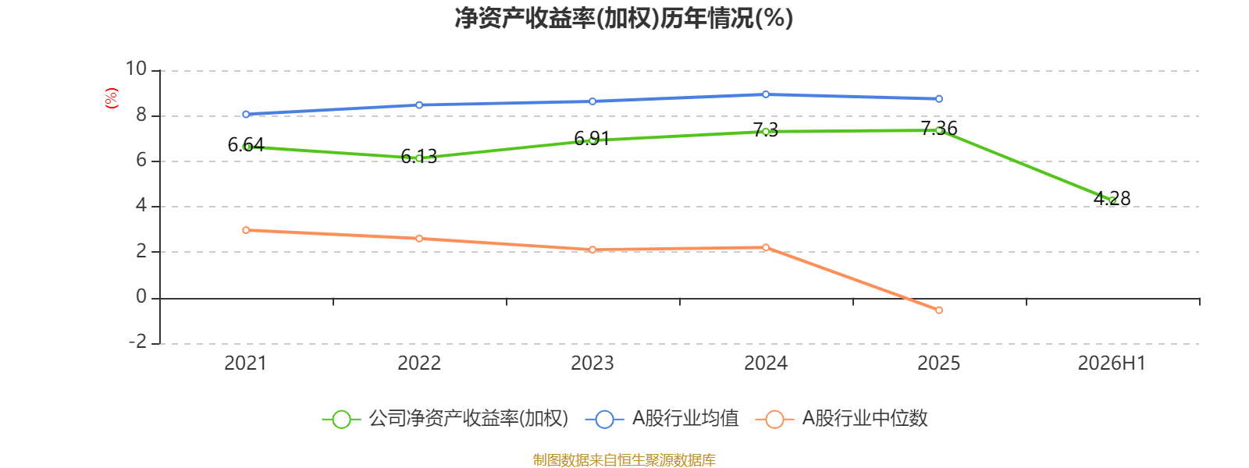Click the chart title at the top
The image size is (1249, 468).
click(x=624, y=18)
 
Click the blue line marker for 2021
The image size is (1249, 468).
click(x=246, y=114)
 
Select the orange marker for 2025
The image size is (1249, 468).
click(x=939, y=310)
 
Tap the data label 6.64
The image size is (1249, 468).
click(x=246, y=145)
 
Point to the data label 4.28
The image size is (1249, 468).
click(x=1112, y=198)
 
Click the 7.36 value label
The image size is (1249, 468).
click(x=939, y=128)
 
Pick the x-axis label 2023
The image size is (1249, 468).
click(x=592, y=363)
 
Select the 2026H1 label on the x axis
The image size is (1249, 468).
click(x=1112, y=363)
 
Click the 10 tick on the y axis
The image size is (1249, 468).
click(x=136, y=69)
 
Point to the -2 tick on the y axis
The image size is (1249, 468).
click(x=137, y=341)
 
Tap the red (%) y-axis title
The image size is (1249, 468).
click(x=112, y=98)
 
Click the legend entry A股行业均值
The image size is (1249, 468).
click(x=662, y=418)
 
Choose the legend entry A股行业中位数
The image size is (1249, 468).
click(x=842, y=418)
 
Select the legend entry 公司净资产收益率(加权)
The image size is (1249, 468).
click(x=446, y=418)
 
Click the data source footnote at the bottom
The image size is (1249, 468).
click(x=624, y=459)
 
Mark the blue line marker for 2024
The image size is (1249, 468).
click(x=766, y=94)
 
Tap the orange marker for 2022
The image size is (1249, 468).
click(x=419, y=239)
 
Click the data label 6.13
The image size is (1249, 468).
click(x=419, y=157)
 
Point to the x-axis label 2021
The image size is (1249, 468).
click(x=246, y=363)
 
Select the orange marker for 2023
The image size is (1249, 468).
click(x=592, y=250)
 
